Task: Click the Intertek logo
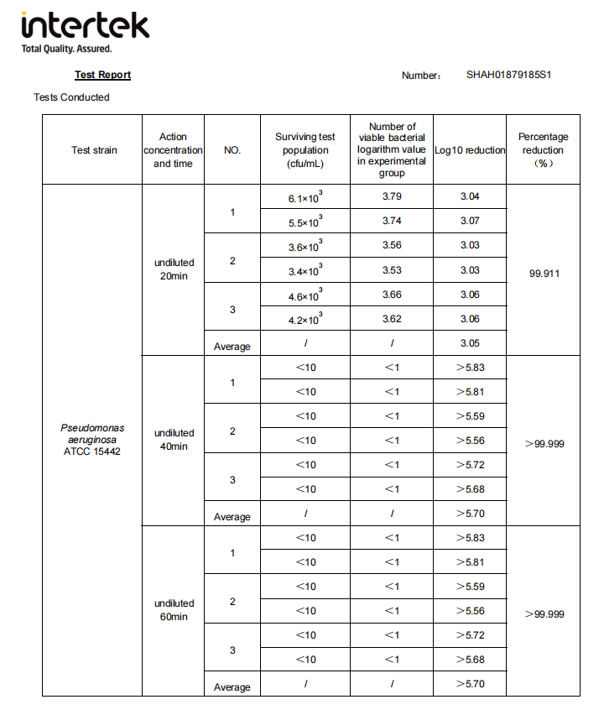[x=86, y=27]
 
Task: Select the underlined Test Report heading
[x=102, y=75]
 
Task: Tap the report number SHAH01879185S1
[x=508, y=75]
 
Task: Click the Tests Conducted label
[x=71, y=97]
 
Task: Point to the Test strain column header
[x=94, y=150]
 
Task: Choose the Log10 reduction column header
[x=470, y=150]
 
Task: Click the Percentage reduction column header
[x=543, y=149]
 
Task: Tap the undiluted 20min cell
[x=174, y=269]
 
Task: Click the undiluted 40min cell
[x=174, y=440]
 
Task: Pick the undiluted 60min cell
[x=174, y=610]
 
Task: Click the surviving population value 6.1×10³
[x=305, y=198]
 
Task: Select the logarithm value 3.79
[x=391, y=197]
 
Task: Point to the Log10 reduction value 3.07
[x=470, y=221]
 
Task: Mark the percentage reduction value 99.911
[x=544, y=274]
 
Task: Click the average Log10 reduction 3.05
[x=470, y=343]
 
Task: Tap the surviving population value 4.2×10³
[x=305, y=320]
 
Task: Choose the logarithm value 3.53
[x=391, y=269]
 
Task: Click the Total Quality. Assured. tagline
[x=66, y=49]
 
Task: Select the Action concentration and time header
[x=173, y=150]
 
